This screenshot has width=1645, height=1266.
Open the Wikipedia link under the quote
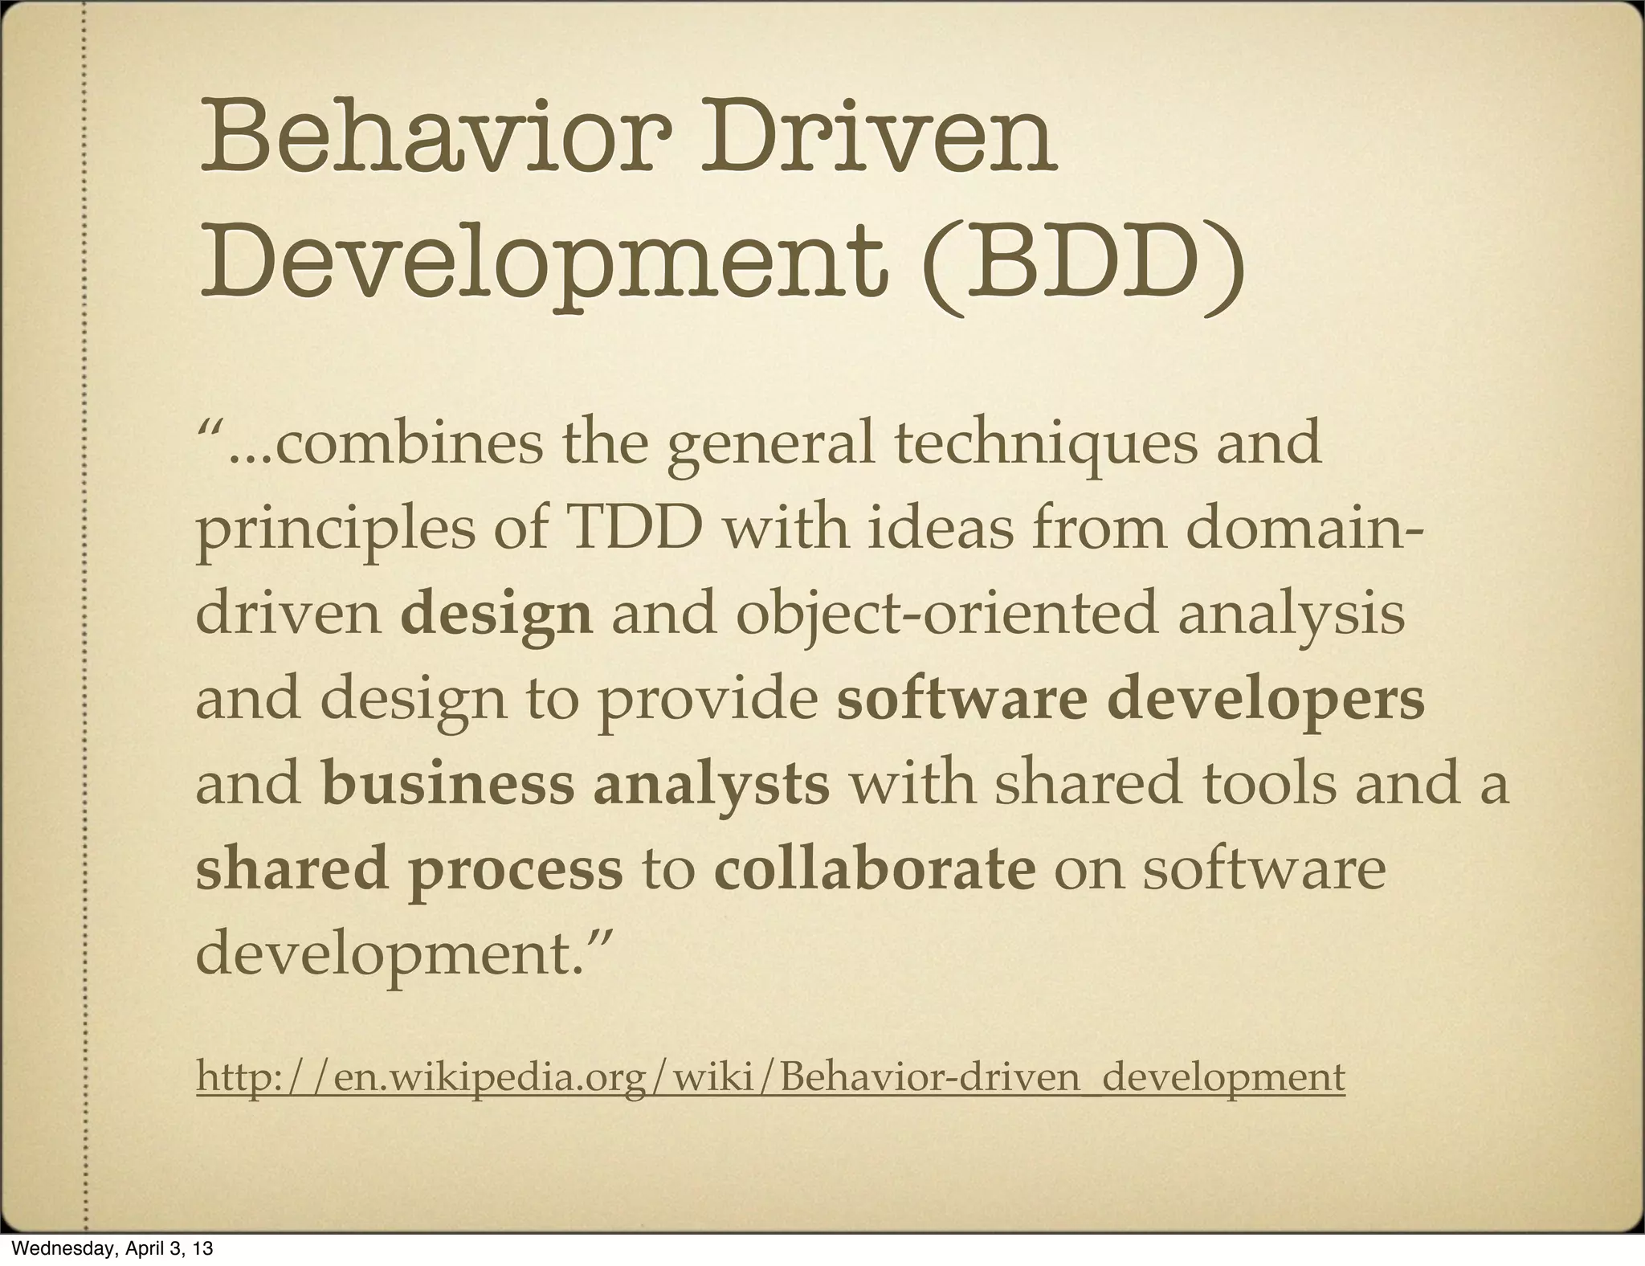769,1077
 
